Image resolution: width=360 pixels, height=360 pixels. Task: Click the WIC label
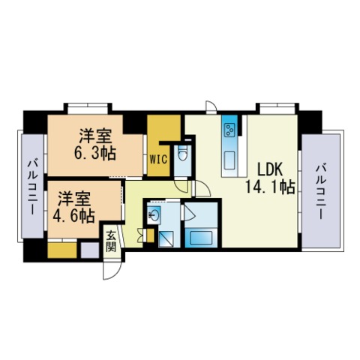click(x=158, y=158)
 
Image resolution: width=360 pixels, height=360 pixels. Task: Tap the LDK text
click(x=270, y=169)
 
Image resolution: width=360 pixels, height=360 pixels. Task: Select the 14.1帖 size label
click(x=270, y=187)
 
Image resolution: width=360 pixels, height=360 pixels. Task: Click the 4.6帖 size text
click(x=73, y=216)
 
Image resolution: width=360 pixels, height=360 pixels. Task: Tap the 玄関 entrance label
click(x=111, y=241)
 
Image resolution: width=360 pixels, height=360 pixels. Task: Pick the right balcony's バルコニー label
click(x=320, y=191)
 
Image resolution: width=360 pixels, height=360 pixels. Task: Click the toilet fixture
click(x=182, y=153)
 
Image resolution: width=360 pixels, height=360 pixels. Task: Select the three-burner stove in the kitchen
click(x=229, y=130)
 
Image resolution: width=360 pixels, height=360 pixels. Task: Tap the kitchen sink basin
click(x=229, y=160)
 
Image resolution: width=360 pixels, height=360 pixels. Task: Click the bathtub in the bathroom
click(x=201, y=238)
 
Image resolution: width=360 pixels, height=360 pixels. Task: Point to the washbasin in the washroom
click(x=154, y=215)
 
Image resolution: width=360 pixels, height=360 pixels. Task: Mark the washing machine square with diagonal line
click(x=166, y=238)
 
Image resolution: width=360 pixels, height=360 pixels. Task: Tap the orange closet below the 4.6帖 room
click(x=62, y=250)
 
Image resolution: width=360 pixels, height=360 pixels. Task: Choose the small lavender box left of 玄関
click(x=90, y=250)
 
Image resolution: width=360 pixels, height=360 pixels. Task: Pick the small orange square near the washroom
click(x=150, y=235)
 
